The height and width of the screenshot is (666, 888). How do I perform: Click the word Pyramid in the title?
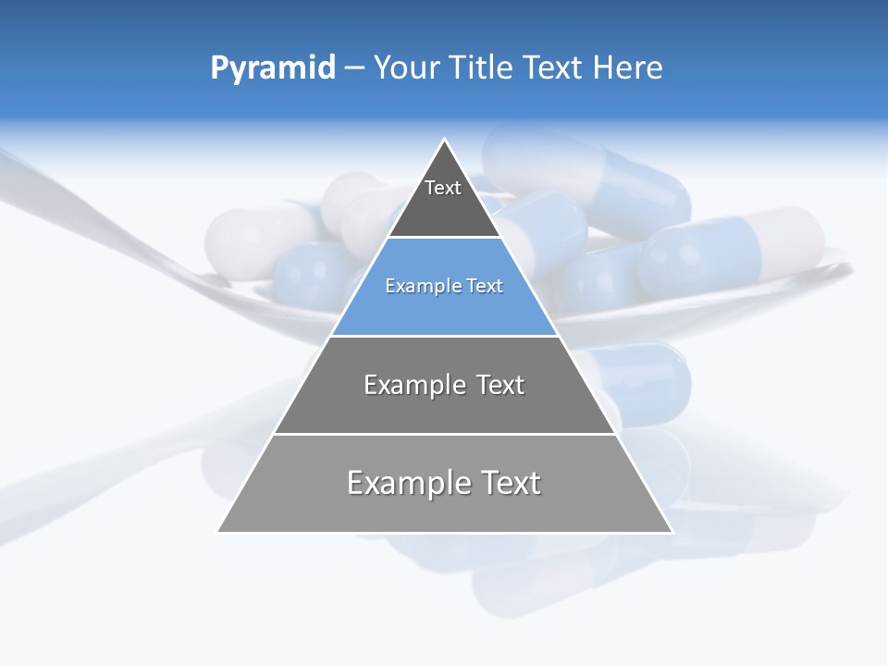(x=273, y=68)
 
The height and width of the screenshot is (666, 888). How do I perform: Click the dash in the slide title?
(x=354, y=68)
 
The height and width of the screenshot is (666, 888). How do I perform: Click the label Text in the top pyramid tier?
(x=443, y=188)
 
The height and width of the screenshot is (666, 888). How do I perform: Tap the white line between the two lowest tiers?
(x=445, y=434)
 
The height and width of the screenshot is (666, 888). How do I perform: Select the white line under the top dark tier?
(x=445, y=238)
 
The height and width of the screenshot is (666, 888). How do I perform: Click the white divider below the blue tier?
(x=445, y=336)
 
